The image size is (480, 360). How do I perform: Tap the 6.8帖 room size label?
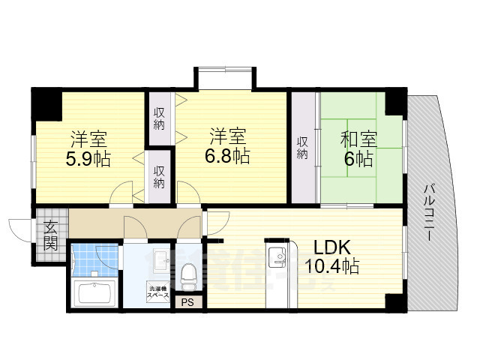(x=229, y=157)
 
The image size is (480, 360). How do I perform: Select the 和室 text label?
(x=359, y=138)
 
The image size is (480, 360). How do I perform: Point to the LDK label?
(x=331, y=247)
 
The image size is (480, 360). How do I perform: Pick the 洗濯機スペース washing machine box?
(x=158, y=293)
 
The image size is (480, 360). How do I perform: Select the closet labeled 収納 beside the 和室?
(x=303, y=147)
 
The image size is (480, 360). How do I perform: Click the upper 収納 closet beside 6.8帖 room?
(x=160, y=118)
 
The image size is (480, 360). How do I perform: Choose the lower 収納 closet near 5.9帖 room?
(x=160, y=177)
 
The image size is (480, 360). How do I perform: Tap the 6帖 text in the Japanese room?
(x=359, y=159)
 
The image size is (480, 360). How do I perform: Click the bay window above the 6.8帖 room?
(x=224, y=78)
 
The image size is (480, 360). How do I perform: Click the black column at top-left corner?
(x=46, y=102)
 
